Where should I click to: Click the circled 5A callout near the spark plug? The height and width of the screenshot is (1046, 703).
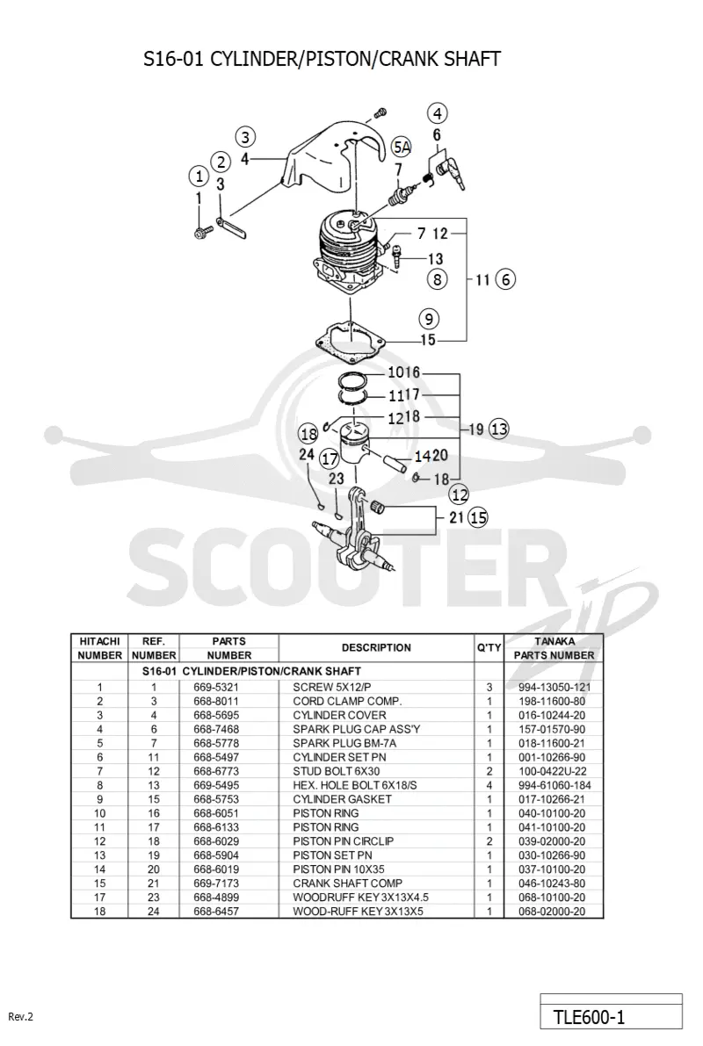tap(402, 147)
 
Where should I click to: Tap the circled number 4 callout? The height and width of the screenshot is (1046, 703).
tap(438, 113)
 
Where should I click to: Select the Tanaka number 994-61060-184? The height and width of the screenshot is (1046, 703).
tap(554, 785)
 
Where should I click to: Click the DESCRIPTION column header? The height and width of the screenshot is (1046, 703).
tap(376, 648)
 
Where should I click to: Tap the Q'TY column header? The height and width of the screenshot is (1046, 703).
tap(489, 648)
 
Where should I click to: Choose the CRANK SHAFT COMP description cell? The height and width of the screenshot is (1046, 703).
tap(348, 884)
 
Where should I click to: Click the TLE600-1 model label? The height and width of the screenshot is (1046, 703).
tap(590, 1017)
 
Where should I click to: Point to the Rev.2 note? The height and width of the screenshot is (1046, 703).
tap(21, 1017)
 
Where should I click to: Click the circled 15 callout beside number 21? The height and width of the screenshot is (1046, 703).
tap(478, 517)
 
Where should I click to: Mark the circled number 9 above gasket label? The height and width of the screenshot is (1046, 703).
tap(429, 319)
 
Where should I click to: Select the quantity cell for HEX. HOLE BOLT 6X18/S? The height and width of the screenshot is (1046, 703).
tap(489, 785)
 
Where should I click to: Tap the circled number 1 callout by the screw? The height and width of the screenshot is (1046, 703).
tap(199, 177)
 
